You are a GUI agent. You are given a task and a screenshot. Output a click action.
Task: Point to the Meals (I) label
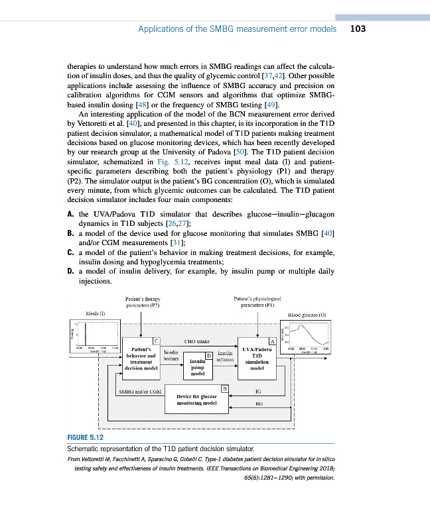click(x=96, y=313)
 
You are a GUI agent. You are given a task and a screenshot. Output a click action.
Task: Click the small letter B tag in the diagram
click(x=224, y=388)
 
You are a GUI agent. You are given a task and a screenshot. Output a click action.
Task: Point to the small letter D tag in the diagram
click(x=208, y=356)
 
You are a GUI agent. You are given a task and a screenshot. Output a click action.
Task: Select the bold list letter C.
click(x=70, y=252)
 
